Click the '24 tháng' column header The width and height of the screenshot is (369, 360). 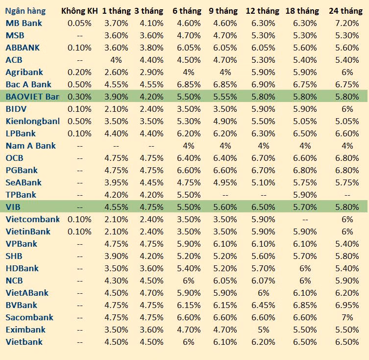pos(345,11)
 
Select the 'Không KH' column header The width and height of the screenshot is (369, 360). pos(79,11)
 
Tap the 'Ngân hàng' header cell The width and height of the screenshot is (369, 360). pos(25,11)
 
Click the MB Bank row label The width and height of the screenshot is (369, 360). pos(24,23)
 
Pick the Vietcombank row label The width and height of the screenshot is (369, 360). pos(32,219)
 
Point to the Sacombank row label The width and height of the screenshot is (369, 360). pos(29,317)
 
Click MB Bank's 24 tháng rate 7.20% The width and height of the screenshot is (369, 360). pos(347,23)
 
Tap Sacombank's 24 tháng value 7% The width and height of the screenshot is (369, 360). pos(347,317)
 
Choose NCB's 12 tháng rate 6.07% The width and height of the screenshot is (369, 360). pos(264,281)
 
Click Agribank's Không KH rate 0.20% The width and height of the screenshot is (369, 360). pos(79,72)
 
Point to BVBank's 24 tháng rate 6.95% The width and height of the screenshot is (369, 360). pos(347,305)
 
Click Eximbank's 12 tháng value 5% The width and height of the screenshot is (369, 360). pos(264,330)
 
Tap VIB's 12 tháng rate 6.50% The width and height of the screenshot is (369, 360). pos(264,207)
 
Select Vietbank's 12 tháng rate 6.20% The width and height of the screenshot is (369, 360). pos(264,342)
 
